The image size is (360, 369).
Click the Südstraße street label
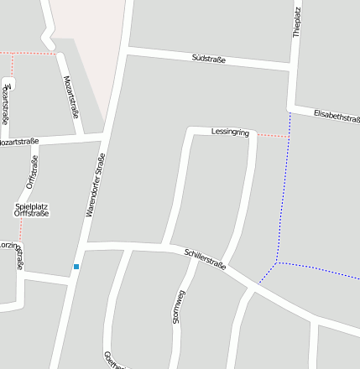tap(208, 59)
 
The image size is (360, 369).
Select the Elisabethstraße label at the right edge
tap(336, 117)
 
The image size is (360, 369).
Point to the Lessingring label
tap(231, 133)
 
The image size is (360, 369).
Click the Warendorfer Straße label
tap(96, 185)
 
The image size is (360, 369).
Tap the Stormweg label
tap(177, 306)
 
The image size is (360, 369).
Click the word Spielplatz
tap(32, 205)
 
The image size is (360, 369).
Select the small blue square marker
tap(76, 267)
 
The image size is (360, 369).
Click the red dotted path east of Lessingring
tap(271, 135)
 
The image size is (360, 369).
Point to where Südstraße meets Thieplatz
tap(293, 68)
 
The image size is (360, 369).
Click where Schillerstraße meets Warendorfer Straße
tap(84, 246)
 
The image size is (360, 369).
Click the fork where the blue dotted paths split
tap(278, 263)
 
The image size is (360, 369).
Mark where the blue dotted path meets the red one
tap(289, 136)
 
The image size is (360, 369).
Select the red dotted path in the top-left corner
tap(25, 53)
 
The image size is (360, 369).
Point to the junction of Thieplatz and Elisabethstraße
tap(291, 108)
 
